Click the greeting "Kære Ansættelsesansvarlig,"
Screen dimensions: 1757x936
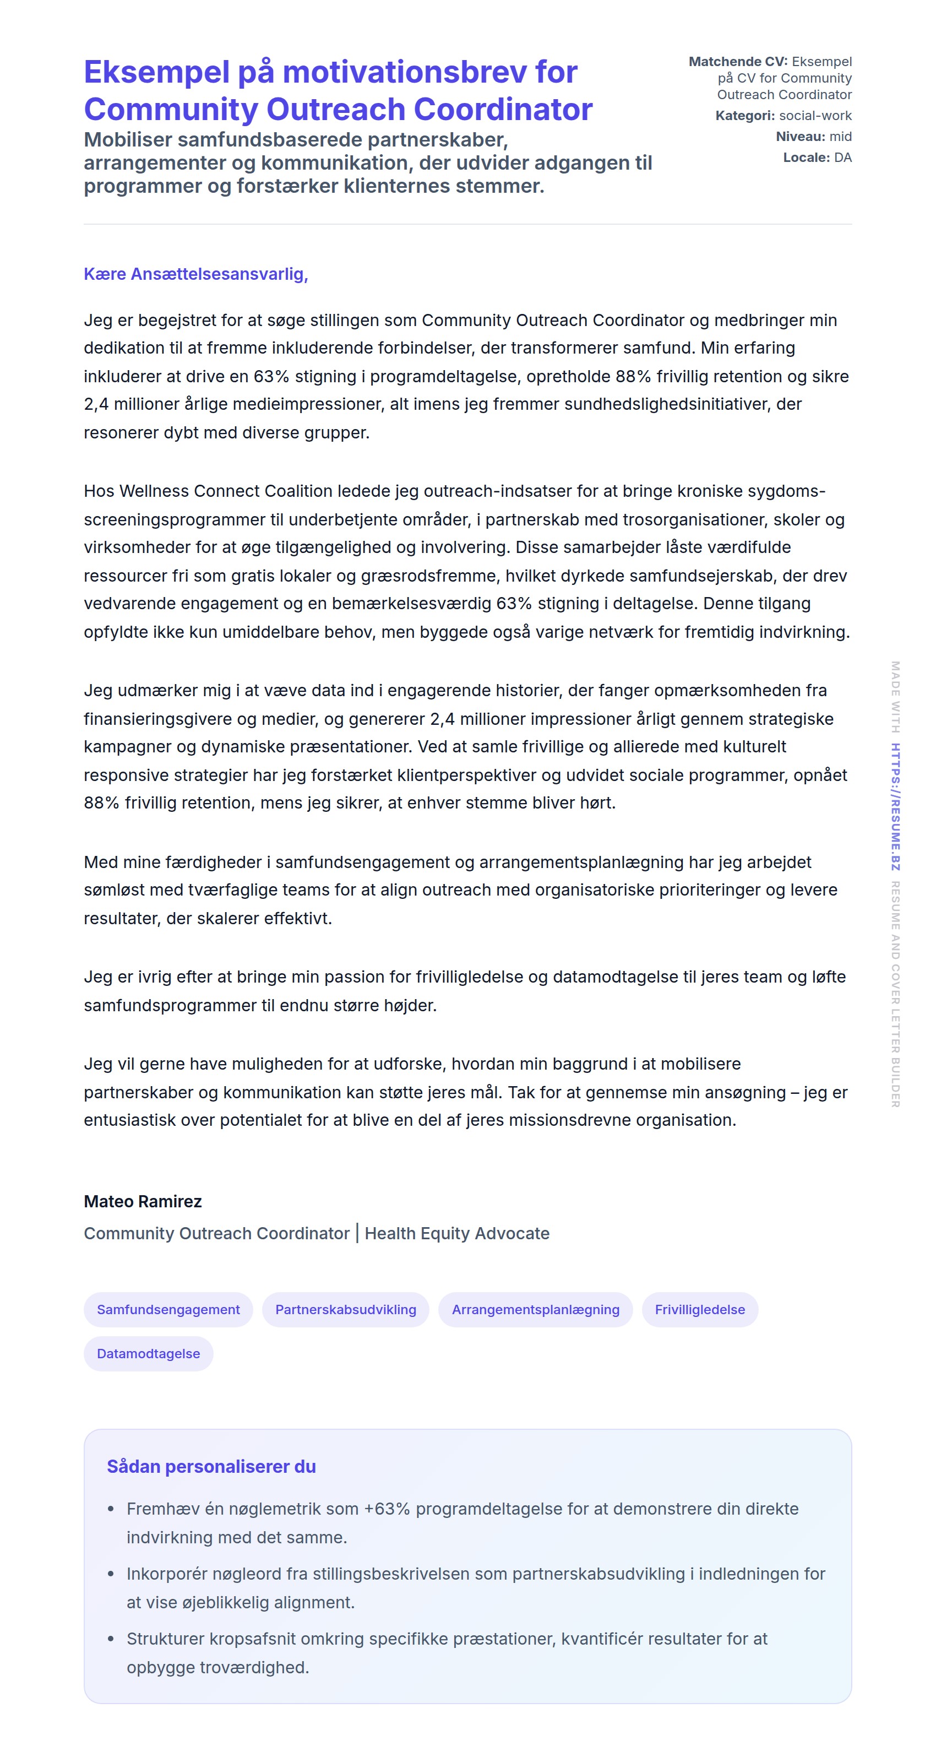(x=195, y=274)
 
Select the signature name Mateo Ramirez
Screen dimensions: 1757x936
(x=143, y=1201)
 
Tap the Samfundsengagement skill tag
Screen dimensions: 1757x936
(x=168, y=1310)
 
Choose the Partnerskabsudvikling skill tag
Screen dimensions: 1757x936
(x=345, y=1310)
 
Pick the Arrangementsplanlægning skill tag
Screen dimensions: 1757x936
(x=535, y=1310)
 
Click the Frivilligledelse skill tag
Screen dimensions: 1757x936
(x=699, y=1310)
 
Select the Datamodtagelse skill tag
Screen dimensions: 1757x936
(x=148, y=1354)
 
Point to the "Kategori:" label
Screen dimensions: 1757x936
(x=744, y=116)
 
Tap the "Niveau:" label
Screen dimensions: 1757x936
(x=799, y=137)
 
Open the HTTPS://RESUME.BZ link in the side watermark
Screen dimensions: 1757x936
(x=895, y=807)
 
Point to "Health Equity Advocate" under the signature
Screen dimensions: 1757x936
(x=457, y=1233)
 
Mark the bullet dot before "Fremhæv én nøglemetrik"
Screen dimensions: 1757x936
(x=111, y=1509)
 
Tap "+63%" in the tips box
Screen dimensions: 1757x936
(x=387, y=1509)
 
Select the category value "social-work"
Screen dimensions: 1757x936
(x=815, y=116)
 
